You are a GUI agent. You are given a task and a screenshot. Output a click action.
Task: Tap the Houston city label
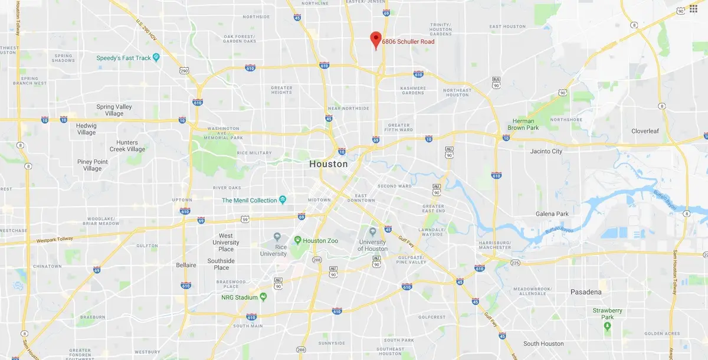click(329, 164)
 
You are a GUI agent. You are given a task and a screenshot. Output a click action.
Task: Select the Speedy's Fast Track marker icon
click(156, 57)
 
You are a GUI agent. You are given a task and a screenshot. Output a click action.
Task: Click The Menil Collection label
click(249, 201)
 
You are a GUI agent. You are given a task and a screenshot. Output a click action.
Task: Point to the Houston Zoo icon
click(299, 240)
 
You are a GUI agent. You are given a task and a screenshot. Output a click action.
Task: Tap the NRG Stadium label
click(240, 297)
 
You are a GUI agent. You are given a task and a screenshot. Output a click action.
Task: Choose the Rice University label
click(273, 250)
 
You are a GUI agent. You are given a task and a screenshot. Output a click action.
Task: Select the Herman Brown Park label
click(523, 125)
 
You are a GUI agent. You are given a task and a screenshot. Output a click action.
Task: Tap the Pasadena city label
click(586, 292)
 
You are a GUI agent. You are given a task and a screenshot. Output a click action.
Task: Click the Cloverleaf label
click(648, 131)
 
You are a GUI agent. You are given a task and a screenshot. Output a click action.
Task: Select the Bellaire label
click(186, 266)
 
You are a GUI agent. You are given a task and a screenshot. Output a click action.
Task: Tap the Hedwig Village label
click(86, 129)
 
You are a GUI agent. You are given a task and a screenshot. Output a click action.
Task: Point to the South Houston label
click(543, 344)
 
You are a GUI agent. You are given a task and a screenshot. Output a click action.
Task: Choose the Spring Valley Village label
click(114, 110)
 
